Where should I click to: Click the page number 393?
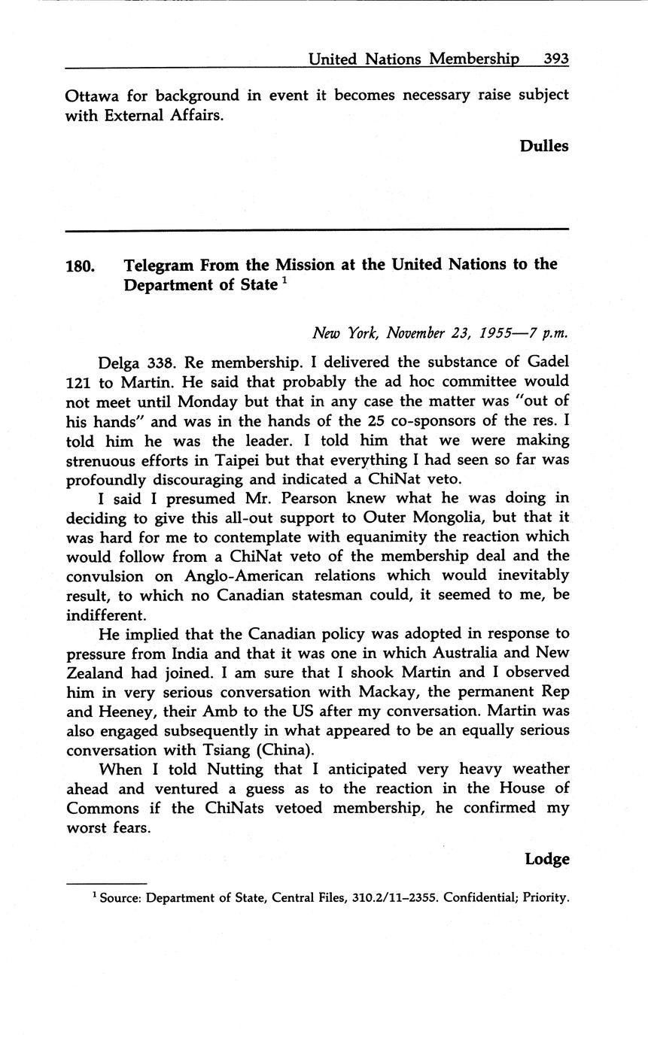click(x=555, y=59)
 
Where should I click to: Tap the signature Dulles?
click(x=544, y=146)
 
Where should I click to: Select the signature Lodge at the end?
click(x=547, y=859)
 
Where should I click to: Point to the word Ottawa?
click(x=90, y=96)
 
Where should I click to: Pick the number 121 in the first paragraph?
click(x=78, y=381)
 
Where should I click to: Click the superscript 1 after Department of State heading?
click(x=284, y=281)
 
